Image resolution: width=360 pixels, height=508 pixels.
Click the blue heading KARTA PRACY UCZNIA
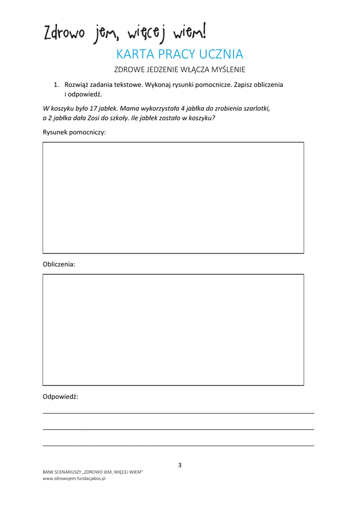tap(179, 54)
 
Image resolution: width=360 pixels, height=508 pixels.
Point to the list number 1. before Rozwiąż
tap(57, 85)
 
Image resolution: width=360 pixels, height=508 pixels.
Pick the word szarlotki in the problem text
tap(256, 108)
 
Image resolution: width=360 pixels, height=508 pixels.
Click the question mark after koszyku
tap(213, 118)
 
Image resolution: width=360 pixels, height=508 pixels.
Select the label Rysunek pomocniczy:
tap(74, 132)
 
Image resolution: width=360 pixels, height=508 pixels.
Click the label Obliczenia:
tap(59, 264)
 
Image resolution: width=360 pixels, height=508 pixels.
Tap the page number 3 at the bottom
tap(180, 465)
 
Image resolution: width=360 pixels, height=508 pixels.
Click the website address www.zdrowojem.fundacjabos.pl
tap(74, 479)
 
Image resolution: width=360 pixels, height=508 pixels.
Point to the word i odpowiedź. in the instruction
tap(83, 94)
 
